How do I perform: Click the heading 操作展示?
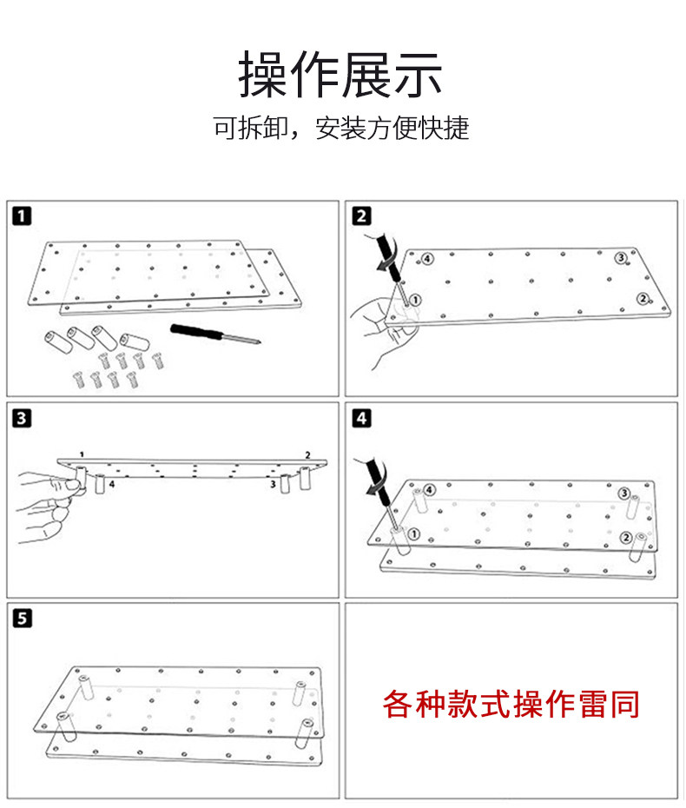point(341,75)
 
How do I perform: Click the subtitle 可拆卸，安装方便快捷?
point(341,129)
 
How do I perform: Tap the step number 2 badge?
point(361,215)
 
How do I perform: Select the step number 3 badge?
point(22,418)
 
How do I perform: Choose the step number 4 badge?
point(361,418)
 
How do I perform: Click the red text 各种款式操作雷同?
point(511,703)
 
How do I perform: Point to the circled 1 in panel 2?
point(415,300)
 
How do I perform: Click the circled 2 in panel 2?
point(643,299)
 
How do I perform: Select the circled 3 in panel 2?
point(621,257)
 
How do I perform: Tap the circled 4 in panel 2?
point(427,258)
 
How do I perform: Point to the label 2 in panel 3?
point(307,454)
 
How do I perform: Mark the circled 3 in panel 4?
point(624,493)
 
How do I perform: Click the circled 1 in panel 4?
point(413,533)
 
